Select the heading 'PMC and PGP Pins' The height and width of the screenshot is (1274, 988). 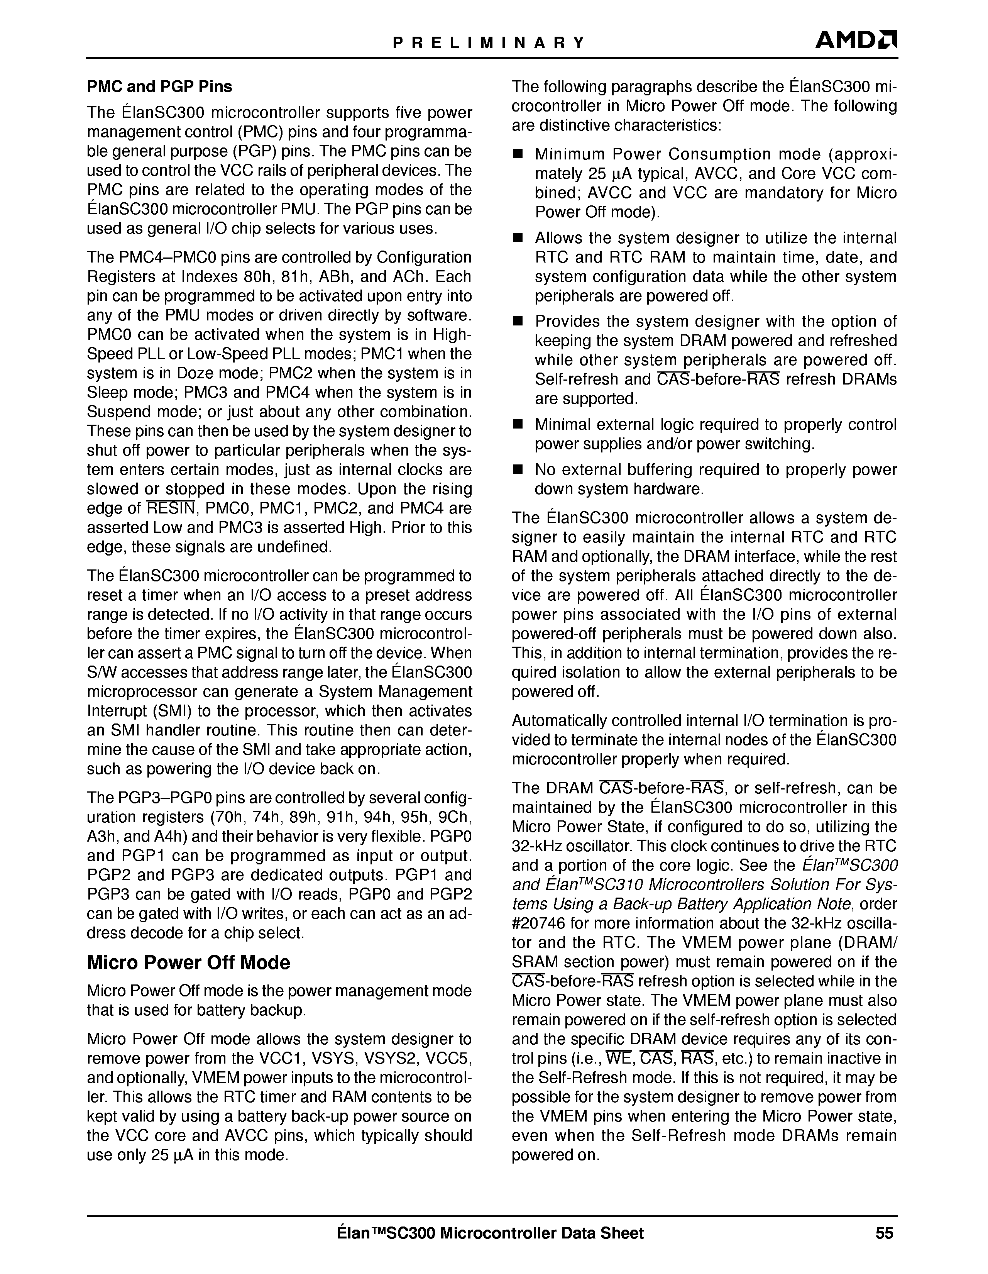[159, 87]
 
